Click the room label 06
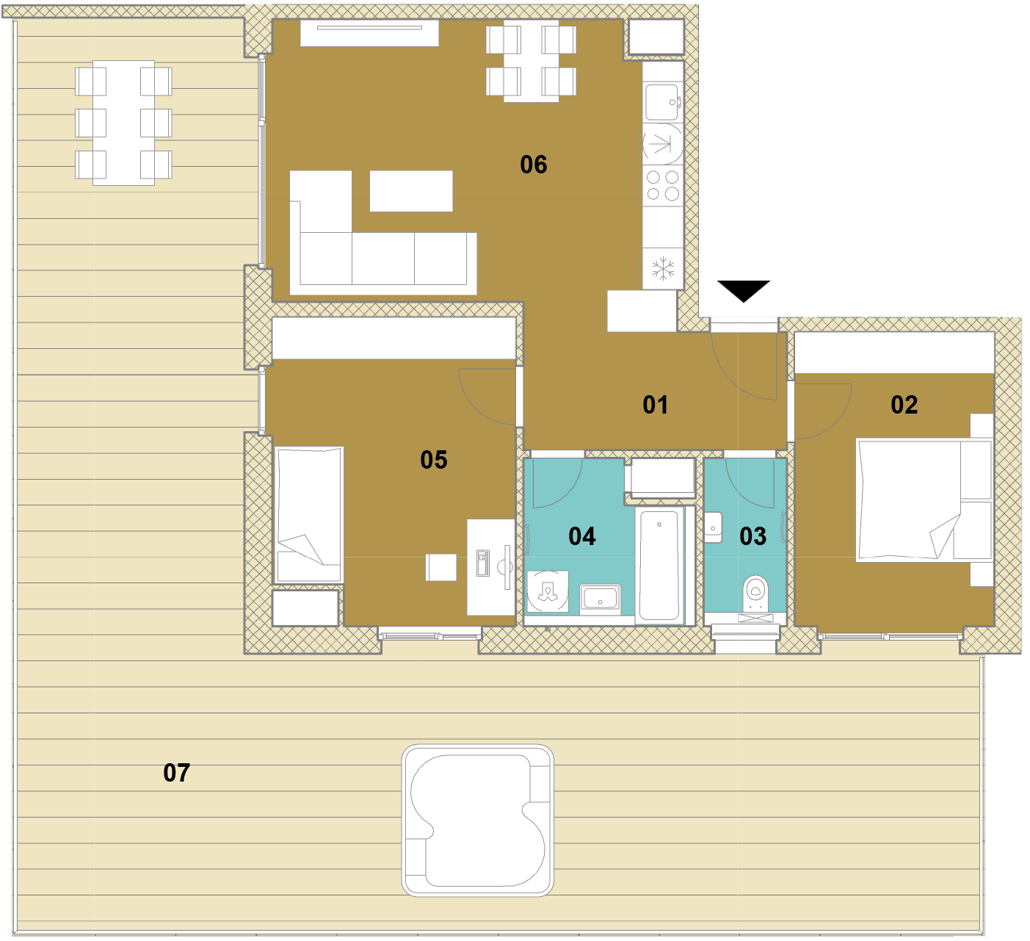[534, 165]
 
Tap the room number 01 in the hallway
[655, 405]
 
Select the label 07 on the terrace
[177, 773]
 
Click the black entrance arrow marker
[743, 291]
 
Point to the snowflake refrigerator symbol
[663, 269]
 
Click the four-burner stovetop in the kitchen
[662, 186]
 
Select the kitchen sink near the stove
[662, 102]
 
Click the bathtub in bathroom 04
[659, 566]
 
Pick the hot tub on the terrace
[477, 821]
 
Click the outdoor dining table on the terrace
[123, 123]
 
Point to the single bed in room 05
[309, 515]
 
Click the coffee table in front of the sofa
[411, 191]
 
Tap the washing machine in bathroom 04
[548, 591]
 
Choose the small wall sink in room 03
[713, 527]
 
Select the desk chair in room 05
[441, 567]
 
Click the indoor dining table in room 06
[531, 61]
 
